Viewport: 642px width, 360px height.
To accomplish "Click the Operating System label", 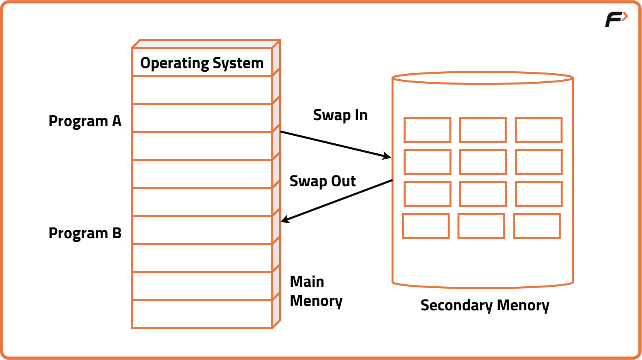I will click(202, 63).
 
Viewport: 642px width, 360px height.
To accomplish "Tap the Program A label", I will click(85, 121).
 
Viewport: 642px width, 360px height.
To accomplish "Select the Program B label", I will click(85, 233).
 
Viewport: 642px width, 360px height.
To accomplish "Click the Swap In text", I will click(340, 115).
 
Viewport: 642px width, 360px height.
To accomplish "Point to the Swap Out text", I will click(322, 181).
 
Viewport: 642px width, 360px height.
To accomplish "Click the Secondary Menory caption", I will click(485, 306).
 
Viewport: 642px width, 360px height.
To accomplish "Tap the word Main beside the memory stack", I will click(307, 282).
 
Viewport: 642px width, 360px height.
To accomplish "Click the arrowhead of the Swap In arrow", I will click(388, 157).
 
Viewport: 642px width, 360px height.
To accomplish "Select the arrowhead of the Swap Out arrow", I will click(284, 220).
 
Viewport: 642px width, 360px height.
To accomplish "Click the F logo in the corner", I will click(616, 19).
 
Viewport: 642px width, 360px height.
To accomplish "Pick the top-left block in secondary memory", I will click(427, 130).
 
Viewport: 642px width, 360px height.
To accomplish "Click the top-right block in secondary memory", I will click(538, 130).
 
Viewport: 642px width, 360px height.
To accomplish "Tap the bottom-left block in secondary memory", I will click(426, 226).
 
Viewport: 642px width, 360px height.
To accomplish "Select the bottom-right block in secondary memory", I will click(537, 226).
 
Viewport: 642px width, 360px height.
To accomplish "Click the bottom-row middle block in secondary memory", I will click(481, 226).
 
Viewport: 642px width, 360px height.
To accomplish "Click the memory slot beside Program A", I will click(202, 118).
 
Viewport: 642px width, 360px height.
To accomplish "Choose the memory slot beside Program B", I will click(202, 230).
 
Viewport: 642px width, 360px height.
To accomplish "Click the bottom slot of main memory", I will click(202, 314).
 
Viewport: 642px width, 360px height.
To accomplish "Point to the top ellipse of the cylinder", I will click(483, 78).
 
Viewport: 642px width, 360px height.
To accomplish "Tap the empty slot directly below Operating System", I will click(202, 90).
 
